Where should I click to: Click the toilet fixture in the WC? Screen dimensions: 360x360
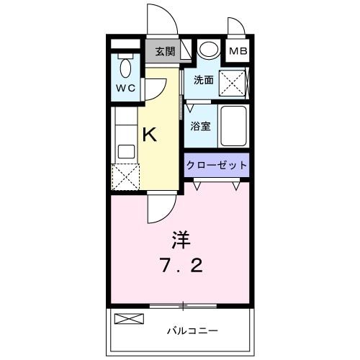[x=126, y=68]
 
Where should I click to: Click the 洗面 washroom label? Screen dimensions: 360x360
[x=203, y=81]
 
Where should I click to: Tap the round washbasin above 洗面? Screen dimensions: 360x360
[x=209, y=50]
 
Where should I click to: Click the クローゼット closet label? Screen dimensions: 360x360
[x=217, y=165]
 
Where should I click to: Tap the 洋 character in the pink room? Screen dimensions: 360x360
[x=180, y=238]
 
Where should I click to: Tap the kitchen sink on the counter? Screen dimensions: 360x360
[x=126, y=151]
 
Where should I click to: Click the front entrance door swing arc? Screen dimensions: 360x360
[x=160, y=20]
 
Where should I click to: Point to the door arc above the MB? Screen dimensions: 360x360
[x=235, y=26]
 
